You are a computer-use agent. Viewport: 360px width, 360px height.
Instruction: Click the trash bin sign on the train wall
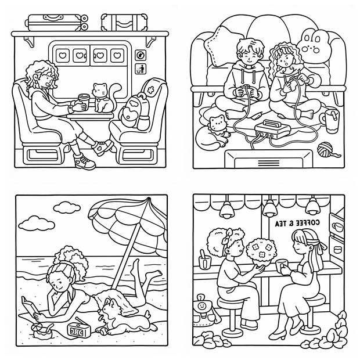141,69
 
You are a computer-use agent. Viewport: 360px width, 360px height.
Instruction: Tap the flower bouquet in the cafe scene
261,251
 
